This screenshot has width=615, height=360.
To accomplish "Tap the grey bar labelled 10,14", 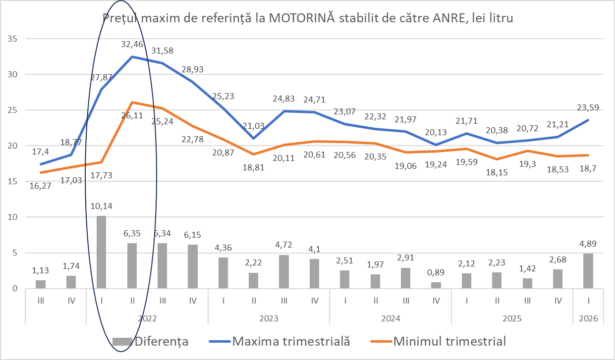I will click(101, 252).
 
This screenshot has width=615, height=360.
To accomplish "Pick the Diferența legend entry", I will click(151, 341).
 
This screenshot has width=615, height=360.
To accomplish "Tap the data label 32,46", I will click(132, 45).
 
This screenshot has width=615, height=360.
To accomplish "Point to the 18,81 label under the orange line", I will click(253, 168).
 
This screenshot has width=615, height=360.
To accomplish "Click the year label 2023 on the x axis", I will click(269, 318).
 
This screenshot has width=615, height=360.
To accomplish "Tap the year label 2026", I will click(588, 318).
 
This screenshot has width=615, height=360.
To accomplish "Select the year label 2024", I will click(390, 318).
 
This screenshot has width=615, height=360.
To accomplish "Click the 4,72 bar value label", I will click(283, 245).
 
